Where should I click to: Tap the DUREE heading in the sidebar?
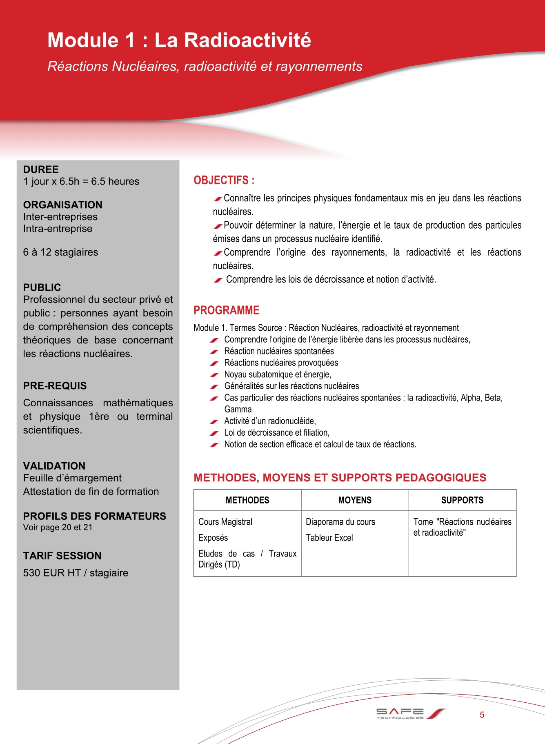click(41, 169)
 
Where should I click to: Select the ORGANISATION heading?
click(63, 205)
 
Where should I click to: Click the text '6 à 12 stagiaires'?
click(60, 252)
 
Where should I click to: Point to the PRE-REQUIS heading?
click(55, 385)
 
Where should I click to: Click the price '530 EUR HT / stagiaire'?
click(76, 572)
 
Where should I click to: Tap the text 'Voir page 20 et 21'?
click(58, 527)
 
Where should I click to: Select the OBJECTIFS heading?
click(224, 180)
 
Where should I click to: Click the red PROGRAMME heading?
click(226, 310)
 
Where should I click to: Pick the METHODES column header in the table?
click(247, 500)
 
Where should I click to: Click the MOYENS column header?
click(355, 500)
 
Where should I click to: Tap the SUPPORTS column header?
click(462, 500)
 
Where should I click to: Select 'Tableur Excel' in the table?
click(329, 538)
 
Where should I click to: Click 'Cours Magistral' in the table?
click(225, 522)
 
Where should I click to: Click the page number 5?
click(482, 715)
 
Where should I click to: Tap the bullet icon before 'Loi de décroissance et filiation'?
click(214, 433)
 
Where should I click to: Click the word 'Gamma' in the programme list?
click(238, 409)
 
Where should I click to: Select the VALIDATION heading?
click(54, 466)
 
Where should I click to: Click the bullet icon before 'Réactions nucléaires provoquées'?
click(214, 363)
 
